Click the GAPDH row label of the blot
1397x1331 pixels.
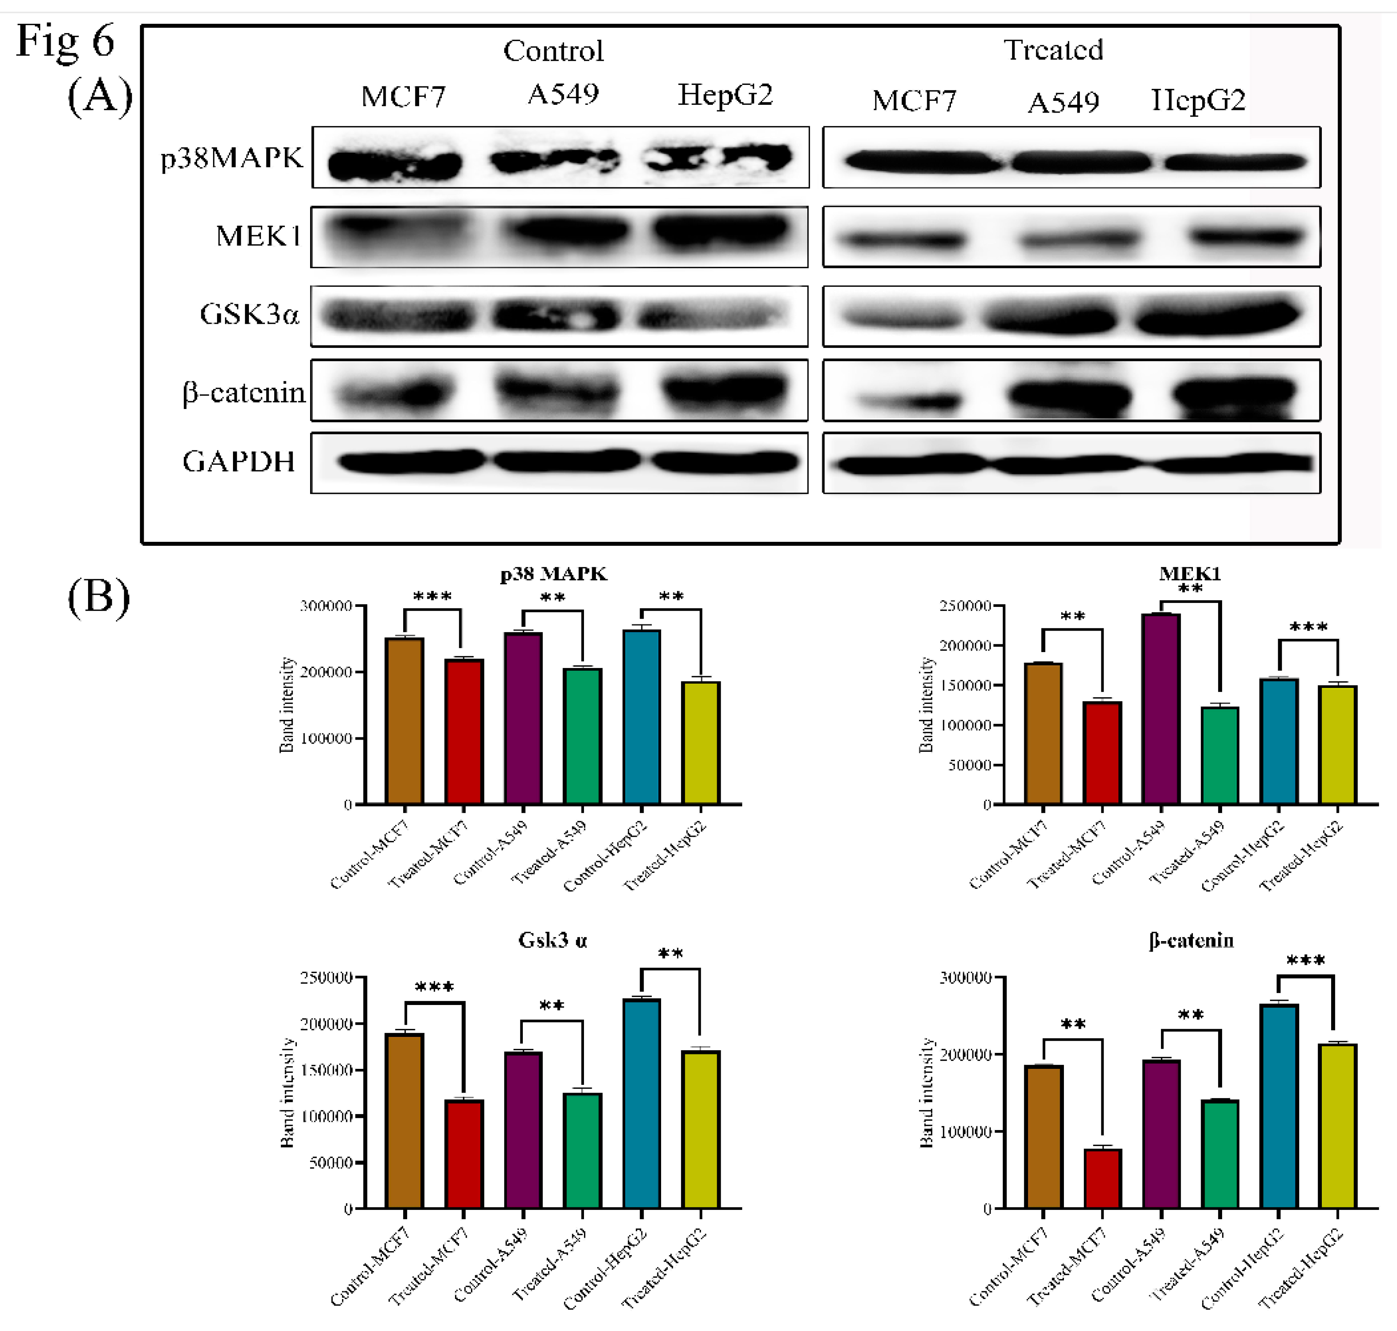pyautogui.click(x=238, y=462)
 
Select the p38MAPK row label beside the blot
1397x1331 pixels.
pyautogui.click(x=232, y=157)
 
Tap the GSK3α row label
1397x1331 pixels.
pyautogui.click(x=249, y=314)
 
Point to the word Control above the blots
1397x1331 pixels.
pyautogui.click(x=554, y=51)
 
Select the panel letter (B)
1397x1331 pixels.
pyautogui.click(x=99, y=597)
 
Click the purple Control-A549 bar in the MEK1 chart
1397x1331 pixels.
pyautogui.click(x=1161, y=709)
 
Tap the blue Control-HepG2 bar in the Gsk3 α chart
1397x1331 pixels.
pyautogui.click(x=641, y=1103)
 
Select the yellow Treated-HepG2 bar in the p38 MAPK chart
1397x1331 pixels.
pyautogui.click(x=701, y=743)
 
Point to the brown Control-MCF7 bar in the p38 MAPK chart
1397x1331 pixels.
pyautogui.click(x=404, y=721)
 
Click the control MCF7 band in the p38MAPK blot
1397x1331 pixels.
pyautogui.click(x=395, y=165)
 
